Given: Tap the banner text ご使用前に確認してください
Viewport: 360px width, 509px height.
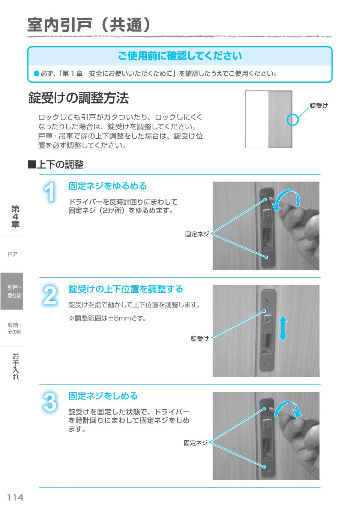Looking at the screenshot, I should pyautogui.click(x=180, y=56).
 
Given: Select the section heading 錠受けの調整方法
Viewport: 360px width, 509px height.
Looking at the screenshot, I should pyautogui.click(x=78, y=98).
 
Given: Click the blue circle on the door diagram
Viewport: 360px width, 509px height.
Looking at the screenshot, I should pyautogui.click(x=292, y=120).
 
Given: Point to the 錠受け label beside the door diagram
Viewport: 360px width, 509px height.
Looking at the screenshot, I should pyautogui.click(x=319, y=106).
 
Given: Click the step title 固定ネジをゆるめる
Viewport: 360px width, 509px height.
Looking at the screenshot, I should pyautogui.click(x=107, y=186).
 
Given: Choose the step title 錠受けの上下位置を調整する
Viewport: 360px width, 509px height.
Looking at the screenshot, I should pyautogui.click(x=125, y=289).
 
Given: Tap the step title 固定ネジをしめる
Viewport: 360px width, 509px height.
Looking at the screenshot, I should pyautogui.click(x=103, y=396).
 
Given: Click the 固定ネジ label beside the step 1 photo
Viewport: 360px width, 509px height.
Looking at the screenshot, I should pyautogui.click(x=197, y=234).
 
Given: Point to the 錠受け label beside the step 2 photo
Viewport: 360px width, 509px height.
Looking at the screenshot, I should pyautogui.click(x=199, y=338).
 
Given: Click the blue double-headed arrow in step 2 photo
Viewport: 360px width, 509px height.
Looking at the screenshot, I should pyautogui.click(x=283, y=328).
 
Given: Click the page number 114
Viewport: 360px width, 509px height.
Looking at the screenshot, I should pyautogui.click(x=15, y=497).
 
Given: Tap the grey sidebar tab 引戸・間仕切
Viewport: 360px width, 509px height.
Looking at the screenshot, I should pyautogui.click(x=12, y=292).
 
